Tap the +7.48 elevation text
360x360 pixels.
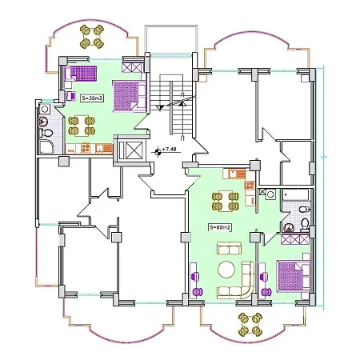tap(170, 150)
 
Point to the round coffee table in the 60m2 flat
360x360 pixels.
tap(229, 268)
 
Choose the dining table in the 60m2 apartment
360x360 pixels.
tap(224, 199)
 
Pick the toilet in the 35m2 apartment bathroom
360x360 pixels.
tap(46, 131)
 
